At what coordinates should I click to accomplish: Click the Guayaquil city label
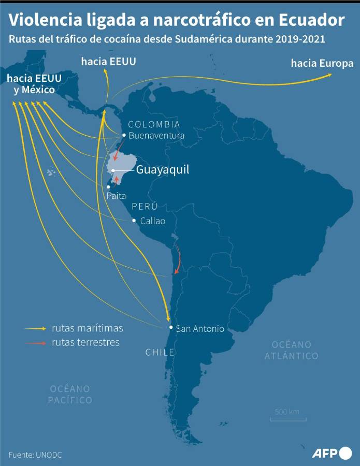click(x=162, y=170)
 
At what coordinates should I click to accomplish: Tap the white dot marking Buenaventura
click(x=124, y=135)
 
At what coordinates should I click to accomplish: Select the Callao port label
click(x=153, y=221)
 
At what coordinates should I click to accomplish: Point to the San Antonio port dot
click(x=171, y=327)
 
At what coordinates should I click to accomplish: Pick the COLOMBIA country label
click(x=154, y=124)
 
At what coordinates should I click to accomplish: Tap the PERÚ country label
click(x=145, y=206)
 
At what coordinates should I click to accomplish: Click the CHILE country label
click(x=160, y=353)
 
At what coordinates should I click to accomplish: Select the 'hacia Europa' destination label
click(x=322, y=64)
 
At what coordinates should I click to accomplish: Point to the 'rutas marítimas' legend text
click(x=87, y=328)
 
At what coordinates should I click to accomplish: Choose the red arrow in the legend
click(x=36, y=343)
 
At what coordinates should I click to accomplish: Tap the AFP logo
click(x=332, y=454)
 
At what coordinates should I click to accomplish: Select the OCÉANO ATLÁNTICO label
click(x=291, y=350)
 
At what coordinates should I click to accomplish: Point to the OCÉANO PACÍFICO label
click(x=70, y=394)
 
